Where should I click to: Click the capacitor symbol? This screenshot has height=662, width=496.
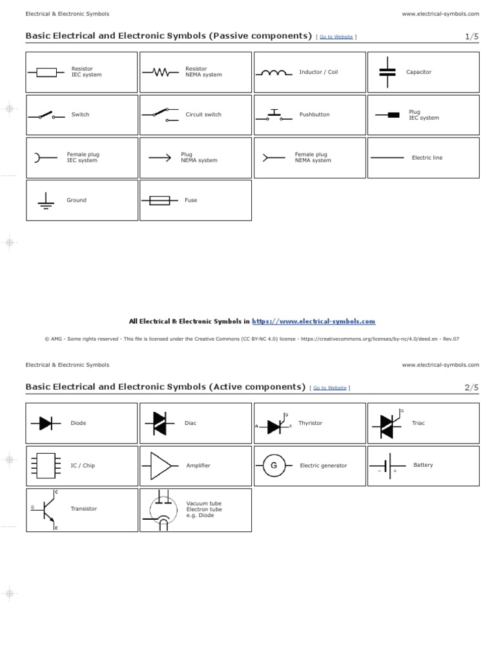387,72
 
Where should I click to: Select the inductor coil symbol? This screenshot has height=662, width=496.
273,72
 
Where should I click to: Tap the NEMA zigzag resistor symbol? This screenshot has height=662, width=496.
160,72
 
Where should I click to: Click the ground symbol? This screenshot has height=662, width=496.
45,201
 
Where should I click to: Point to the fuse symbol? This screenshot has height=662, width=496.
160,201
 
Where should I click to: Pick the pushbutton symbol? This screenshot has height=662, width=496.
273,115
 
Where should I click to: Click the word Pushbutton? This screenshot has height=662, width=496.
314,114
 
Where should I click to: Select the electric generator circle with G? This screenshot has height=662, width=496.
273,465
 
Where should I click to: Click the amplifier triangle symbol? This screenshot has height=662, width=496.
161,465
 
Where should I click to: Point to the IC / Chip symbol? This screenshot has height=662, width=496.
45,465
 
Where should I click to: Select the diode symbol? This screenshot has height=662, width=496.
45,423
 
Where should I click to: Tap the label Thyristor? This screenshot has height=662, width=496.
310,423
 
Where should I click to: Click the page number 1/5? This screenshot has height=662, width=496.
472,37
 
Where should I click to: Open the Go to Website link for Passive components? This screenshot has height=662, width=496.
336,37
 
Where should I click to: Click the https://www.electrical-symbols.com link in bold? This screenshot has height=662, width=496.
313,321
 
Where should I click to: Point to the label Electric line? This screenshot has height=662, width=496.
427,158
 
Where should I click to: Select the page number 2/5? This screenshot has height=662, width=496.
472,387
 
